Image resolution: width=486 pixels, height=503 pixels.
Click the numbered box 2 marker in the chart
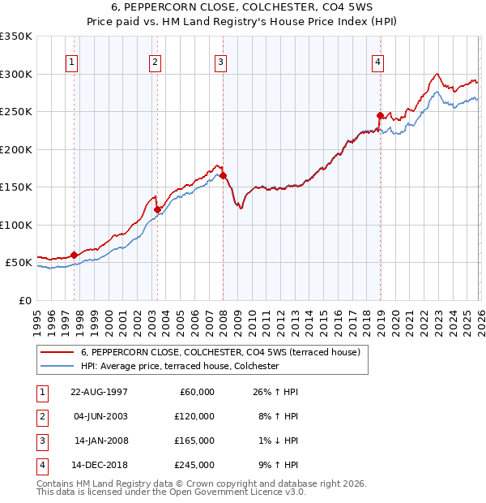point(156,61)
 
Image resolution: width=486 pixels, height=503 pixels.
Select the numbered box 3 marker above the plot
point(221,61)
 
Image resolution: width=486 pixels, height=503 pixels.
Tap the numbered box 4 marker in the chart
point(378,61)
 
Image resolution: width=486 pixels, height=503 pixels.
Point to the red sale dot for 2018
point(379,115)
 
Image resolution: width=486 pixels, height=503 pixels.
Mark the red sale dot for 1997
point(74,255)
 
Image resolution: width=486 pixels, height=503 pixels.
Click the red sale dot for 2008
point(222,175)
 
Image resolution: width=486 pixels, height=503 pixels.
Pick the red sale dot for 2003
point(157,209)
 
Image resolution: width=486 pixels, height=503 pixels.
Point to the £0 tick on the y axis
point(26,300)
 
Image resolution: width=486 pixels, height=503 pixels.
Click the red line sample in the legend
point(58,352)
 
